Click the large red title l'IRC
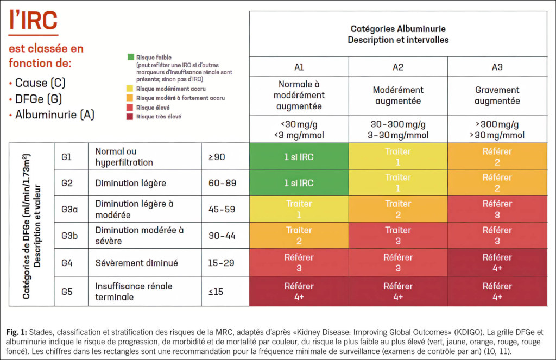[33, 21]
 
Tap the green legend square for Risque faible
[131, 56]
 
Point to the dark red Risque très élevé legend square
[131, 117]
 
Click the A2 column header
[398, 67]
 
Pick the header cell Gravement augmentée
[497, 95]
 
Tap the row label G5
[67, 292]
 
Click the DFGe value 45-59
[222, 209]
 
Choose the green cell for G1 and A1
[299, 157]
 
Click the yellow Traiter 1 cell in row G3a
[299, 209]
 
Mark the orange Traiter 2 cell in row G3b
[299, 236]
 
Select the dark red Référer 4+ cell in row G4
[497, 263]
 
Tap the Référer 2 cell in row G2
[497, 183]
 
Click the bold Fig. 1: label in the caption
[17, 330]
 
